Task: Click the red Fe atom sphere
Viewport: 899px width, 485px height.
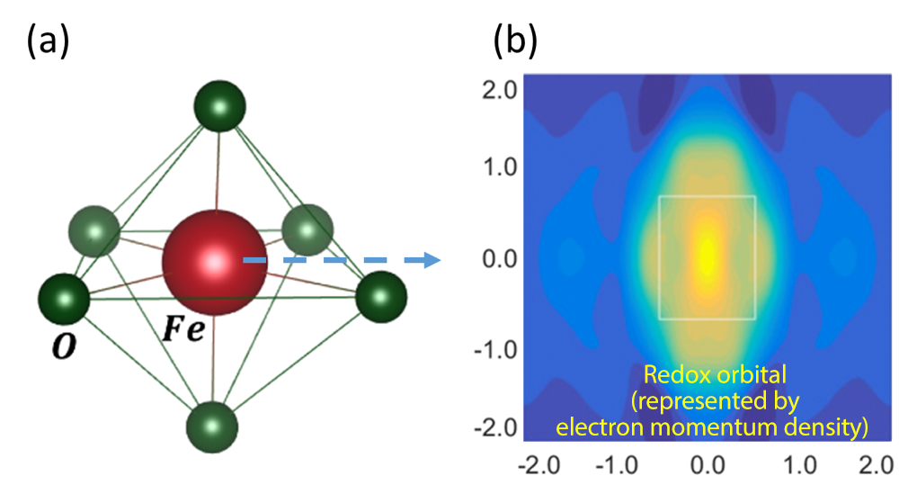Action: click(x=215, y=263)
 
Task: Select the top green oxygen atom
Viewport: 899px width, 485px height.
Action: click(x=219, y=106)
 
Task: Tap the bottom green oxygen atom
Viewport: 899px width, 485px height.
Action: click(x=212, y=427)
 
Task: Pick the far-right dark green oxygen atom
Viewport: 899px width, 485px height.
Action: click(x=381, y=297)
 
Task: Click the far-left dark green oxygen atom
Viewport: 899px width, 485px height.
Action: click(x=64, y=300)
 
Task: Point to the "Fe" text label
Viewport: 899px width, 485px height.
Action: click(x=183, y=329)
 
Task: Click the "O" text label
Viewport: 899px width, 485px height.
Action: click(x=64, y=346)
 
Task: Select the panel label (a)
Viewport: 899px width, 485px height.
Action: click(x=49, y=41)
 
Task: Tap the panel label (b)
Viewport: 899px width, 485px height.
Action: click(x=515, y=41)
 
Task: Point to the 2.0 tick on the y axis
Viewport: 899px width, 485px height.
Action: click(x=499, y=90)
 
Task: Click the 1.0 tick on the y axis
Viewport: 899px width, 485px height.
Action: click(x=499, y=167)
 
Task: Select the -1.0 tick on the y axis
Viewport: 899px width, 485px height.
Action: click(x=495, y=349)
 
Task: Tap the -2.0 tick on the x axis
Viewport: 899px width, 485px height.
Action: click(x=539, y=465)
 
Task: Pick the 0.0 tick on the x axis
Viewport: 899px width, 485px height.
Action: click(x=708, y=465)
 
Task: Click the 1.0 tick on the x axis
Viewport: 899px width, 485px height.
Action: click(x=800, y=465)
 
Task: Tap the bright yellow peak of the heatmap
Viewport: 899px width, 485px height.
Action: click(x=708, y=255)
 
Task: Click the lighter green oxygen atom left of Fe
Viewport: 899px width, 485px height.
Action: click(x=94, y=231)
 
